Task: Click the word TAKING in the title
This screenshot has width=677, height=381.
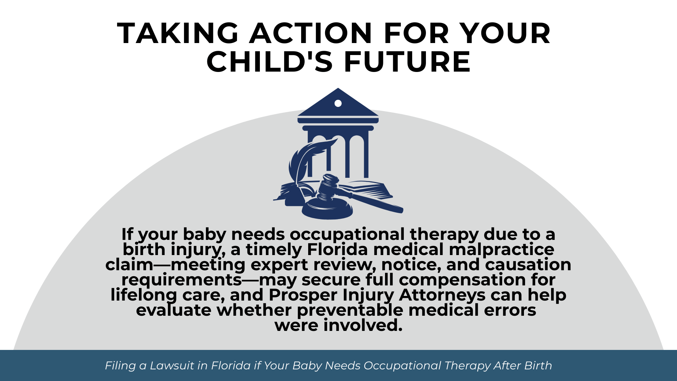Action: (x=178, y=33)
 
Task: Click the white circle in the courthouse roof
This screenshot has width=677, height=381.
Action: (x=338, y=103)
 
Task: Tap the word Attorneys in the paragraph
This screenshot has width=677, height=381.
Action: (x=442, y=295)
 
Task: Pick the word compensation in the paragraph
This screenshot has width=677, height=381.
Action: (x=462, y=280)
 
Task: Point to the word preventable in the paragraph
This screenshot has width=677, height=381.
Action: (x=350, y=310)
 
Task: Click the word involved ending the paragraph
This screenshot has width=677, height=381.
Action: (x=363, y=325)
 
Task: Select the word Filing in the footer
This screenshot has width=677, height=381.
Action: (x=120, y=365)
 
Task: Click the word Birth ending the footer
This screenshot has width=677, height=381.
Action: (x=538, y=365)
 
